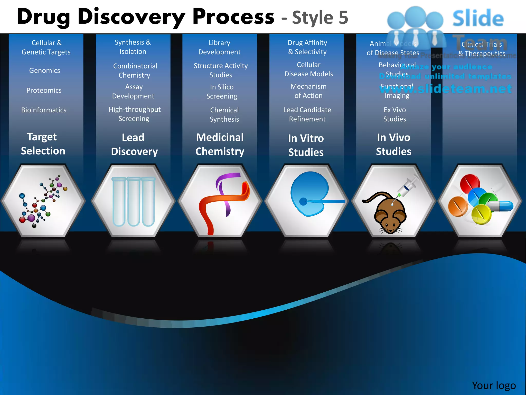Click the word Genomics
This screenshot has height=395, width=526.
point(45,70)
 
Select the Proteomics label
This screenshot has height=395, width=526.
point(44,90)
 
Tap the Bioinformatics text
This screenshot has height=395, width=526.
point(44,110)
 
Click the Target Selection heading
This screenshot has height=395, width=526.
point(43,144)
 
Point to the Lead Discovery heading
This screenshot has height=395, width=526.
point(134,145)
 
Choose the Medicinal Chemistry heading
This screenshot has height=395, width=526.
point(220,144)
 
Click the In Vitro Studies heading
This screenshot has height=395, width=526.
point(306,145)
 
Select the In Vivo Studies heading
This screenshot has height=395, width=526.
point(393,145)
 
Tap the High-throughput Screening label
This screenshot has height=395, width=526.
point(134,114)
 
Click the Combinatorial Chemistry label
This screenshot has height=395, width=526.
point(135,70)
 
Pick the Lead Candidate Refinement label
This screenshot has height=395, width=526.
point(307,114)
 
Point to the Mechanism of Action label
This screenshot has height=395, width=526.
point(308,91)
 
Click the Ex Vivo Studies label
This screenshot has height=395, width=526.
point(395,114)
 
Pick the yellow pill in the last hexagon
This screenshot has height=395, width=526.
point(481,214)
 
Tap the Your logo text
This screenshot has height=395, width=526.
point(494,385)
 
